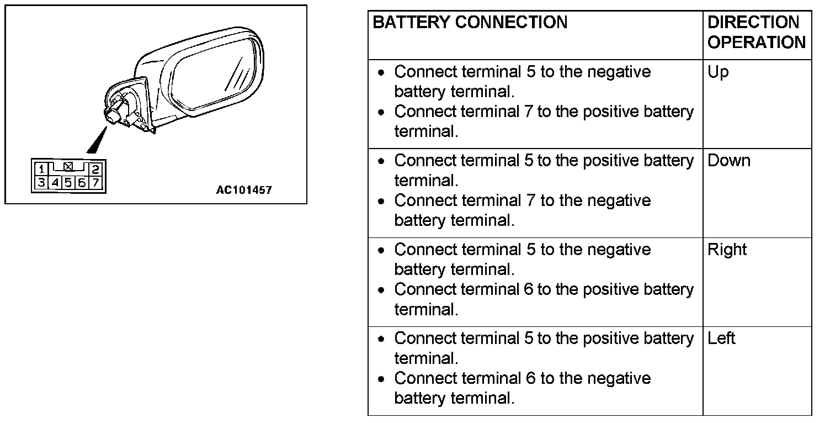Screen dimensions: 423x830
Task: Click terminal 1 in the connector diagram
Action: pyautogui.click(x=41, y=170)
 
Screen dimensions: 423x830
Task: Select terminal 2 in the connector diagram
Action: pyautogui.click(x=95, y=170)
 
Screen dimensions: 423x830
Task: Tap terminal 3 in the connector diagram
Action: pyautogui.click(x=41, y=182)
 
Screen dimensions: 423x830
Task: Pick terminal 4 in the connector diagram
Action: pyautogui.click(x=55, y=182)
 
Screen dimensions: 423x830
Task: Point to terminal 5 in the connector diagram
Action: pyautogui.click(x=68, y=182)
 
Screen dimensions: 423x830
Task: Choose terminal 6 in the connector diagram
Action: pyautogui.click(x=82, y=182)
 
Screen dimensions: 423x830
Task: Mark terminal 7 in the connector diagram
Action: pyautogui.click(x=95, y=182)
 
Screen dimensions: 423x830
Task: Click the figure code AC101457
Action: pyautogui.click(x=244, y=191)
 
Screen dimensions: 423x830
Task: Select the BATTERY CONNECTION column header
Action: pyautogui.click(x=470, y=23)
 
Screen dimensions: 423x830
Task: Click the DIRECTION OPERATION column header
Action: pyautogui.click(x=756, y=33)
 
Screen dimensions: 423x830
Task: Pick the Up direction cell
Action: pyautogui.click(x=718, y=72)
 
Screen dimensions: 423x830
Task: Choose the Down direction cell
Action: pyautogui.click(x=729, y=161)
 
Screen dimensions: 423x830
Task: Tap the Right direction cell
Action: pyautogui.click(x=727, y=250)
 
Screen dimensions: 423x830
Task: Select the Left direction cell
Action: pyautogui.click(x=721, y=338)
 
